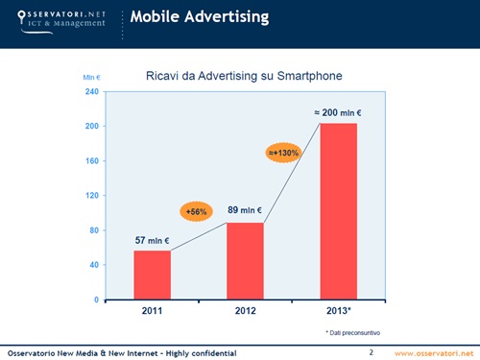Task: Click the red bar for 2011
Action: click(x=153, y=275)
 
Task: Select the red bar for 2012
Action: click(x=245, y=261)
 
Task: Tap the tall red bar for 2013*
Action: click(x=338, y=211)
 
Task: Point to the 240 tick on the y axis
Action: click(x=93, y=92)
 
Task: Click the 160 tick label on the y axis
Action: click(x=93, y=161)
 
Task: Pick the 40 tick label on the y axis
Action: click(x=95, y=265)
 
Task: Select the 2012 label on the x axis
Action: click(x=245, y=312)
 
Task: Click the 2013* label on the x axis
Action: click(x=339, y=312)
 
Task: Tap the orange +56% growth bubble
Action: click(x=197, y=211)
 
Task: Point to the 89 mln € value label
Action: click(x=246, y=209)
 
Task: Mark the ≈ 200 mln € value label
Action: click(x=344, y=113)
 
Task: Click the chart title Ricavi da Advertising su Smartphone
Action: click(x=244, y=75)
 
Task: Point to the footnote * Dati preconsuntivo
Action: click(x=352, y=331)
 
